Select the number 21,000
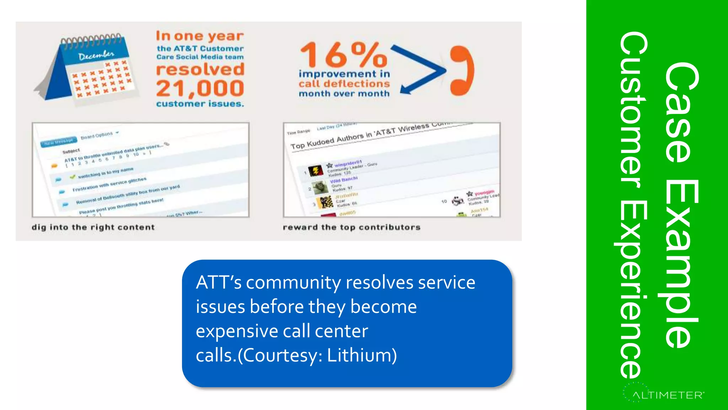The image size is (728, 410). pyautogui.click(x=200, y=88)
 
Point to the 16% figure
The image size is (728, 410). pyautogui.click(x=343, y=55)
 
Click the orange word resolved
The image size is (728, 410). pyautogui.click(x=200, y=69)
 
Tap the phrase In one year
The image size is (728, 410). pyautogui.click(x=200, y=36)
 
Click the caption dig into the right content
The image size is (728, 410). pyautogui.click(x=93, y=227)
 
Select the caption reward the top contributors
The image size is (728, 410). pyautogui.click(x=352, y=227)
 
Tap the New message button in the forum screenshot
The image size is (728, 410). pyautogui.click(x=59, y=142)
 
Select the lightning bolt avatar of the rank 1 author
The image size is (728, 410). pyautogui.click(x=315, y=171)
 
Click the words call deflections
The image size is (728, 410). pyautogui.click(x=344, y=84)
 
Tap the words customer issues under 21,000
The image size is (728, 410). pyautogui.click(x=200, y=104)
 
